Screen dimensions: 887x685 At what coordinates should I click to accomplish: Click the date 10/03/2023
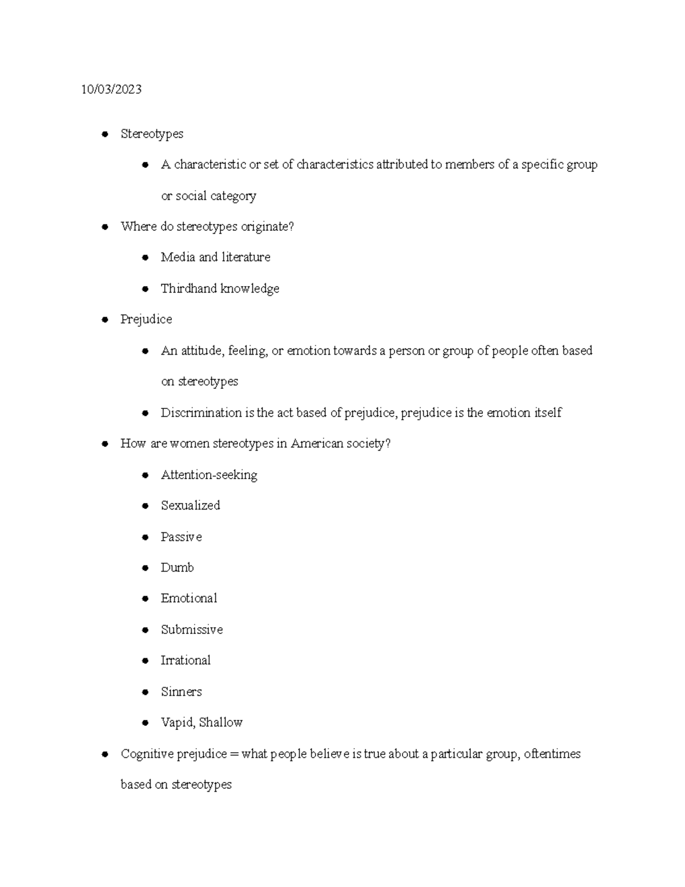[111, 89]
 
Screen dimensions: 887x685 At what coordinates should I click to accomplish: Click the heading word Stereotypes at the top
[152, 134]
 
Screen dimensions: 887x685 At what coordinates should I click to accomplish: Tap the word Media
[178, 257]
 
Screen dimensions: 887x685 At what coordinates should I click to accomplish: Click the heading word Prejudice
[146, 319]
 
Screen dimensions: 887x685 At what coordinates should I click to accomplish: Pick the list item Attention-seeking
[209, 475]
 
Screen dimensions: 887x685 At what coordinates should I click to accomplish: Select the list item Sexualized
[190, 505]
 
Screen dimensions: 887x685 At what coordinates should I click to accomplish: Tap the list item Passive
[181, 537]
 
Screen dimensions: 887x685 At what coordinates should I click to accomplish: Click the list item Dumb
[177, 568]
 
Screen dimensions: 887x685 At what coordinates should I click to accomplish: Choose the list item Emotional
[189, 598]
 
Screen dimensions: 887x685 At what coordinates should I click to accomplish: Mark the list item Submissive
[192, 629]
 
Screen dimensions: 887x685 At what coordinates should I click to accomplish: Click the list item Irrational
[186, 660]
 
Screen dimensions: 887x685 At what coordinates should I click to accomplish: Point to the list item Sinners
[181, 692]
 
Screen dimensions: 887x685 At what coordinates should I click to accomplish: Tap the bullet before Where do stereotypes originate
[104, 227]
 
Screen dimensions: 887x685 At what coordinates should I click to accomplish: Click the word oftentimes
[552, 754]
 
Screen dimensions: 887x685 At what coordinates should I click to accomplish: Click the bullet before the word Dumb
[146, 568]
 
